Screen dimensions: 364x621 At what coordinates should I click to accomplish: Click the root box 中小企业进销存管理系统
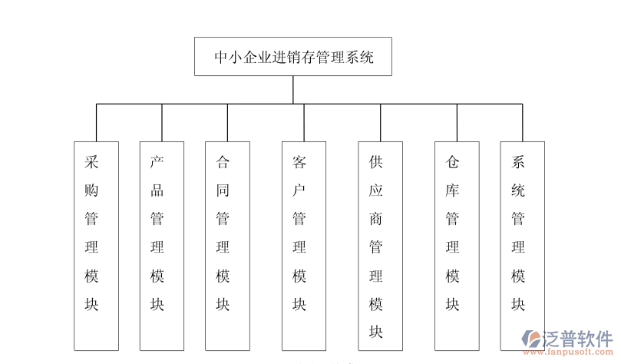(x=293, y=56)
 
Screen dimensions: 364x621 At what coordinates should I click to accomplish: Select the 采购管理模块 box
(x=96, y=246)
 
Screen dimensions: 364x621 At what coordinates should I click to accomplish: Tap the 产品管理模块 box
(x=161, y=246)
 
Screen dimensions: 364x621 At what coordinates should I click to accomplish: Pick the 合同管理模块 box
(x=227, y=246)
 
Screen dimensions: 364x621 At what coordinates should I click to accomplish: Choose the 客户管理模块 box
(x=303, y=246)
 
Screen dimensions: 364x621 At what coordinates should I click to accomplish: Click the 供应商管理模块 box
(x=381, y=246)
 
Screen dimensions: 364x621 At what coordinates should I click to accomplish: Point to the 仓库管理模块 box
(x=457, y=246)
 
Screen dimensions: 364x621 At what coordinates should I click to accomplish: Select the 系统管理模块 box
(x=522, y=246)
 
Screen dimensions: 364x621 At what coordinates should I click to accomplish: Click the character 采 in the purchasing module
(x=91, y=162)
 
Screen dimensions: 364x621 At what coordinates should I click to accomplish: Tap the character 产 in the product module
(x=157, y=162)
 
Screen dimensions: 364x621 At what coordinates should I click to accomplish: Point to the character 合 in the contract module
(x=223, y=162)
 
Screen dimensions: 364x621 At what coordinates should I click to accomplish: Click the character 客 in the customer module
(x=299, y=162)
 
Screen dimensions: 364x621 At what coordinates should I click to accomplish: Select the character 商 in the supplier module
(x=376, y=219)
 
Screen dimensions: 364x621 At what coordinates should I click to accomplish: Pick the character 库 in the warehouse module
(x=453, y=190)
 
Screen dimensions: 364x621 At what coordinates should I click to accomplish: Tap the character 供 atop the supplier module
(x=376, y=162)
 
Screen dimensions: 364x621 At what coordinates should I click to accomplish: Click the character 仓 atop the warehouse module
(x=453, y=162)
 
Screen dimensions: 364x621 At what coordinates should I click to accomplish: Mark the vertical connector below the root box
(x=293, y=89)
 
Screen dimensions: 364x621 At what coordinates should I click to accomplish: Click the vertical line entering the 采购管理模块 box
(x=96, y=123)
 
